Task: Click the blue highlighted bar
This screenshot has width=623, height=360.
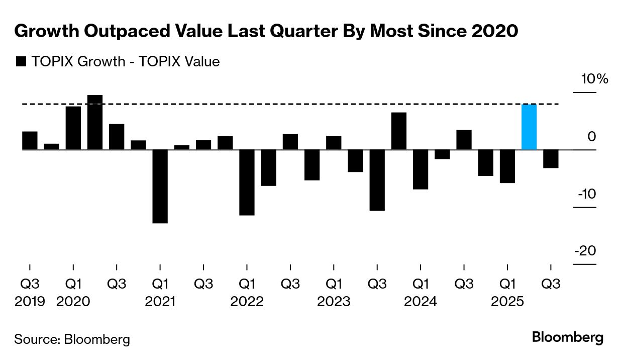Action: tap(529, 127)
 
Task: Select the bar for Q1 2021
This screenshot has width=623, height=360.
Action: tap(160, 186)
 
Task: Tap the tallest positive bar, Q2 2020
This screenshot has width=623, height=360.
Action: tap(95, 122)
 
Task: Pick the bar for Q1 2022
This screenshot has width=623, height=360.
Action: tap(247, 183)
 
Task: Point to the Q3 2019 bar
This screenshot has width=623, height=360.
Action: tap(30, 140)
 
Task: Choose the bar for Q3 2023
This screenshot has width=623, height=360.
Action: tap(377, 180)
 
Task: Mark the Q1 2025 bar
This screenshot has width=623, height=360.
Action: tap(507, 166)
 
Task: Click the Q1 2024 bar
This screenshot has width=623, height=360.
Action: tap(421, 169)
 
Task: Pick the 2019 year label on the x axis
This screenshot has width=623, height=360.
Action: tap(30, 302)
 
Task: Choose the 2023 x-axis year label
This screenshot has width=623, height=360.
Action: tap(334, 302)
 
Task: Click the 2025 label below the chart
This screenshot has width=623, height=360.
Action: tap(508, 302)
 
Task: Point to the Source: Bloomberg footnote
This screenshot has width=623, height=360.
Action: tap(72, 339)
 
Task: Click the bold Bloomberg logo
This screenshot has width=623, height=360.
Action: tap(568, 337)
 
